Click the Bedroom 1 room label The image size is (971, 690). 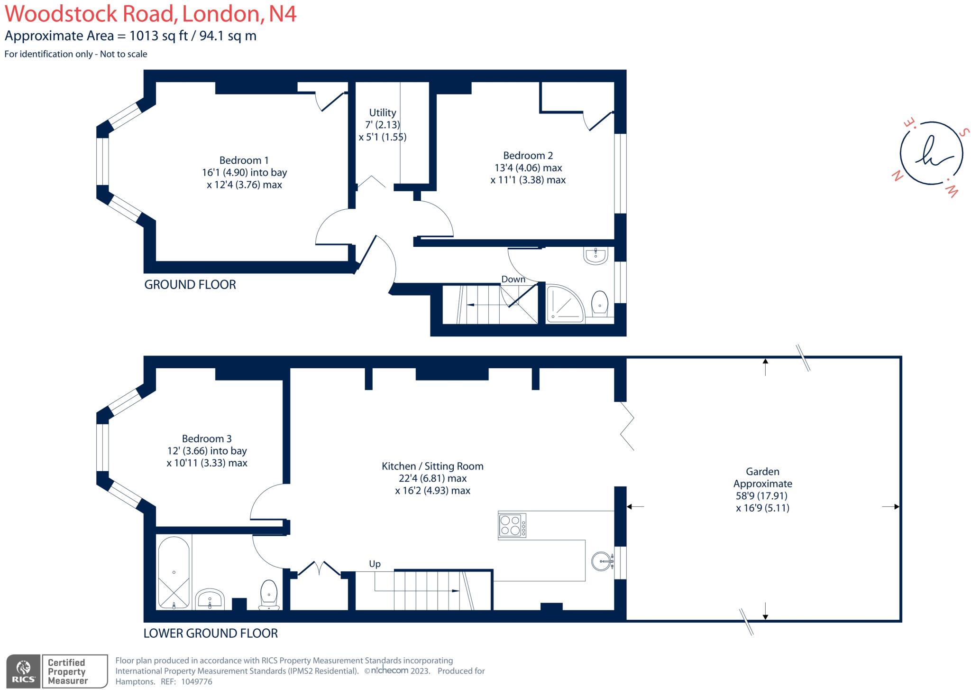(x=244, y=160)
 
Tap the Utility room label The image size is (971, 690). (x=382, y=113)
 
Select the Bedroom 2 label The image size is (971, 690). (x=528, y=156)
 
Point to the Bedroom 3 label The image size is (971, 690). (x=207, y=438)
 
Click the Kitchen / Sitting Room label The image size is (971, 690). (x=432, y=466)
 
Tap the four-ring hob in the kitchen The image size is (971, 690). (x=512, y=525)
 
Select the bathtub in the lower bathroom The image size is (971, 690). (x=174, y=572)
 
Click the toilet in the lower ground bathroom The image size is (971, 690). (x=269, y=593)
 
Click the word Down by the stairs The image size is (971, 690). (x=513, y=279)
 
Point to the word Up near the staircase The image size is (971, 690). (x=375, y=564)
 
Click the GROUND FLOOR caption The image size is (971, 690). (x=190, y=285)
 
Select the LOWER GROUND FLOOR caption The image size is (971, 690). (x=211, y=633)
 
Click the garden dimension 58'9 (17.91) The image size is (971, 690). (x=762, y=496)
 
